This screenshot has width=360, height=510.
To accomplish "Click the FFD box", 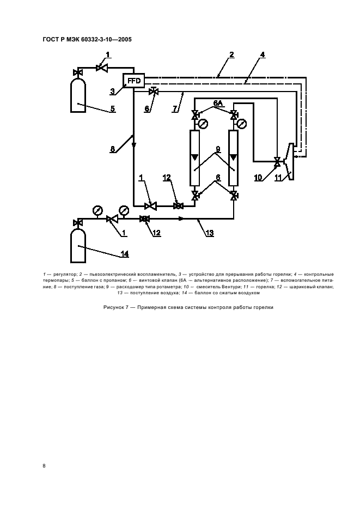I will click(x=133, y=81).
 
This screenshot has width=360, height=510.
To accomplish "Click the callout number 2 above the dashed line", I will click(x=231, y=54).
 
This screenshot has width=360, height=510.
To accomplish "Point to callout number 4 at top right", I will click(x=263, y=54).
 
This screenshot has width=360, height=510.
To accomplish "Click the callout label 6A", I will click(x=218, y=103).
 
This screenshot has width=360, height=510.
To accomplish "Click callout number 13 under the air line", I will click(x=210, y=233).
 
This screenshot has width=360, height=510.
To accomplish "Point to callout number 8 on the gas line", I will click(x=113, y=148).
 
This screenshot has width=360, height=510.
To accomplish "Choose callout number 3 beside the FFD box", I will click(x=112, y=91).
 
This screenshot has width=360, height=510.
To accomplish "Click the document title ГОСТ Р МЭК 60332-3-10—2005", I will click(x=87, y=39).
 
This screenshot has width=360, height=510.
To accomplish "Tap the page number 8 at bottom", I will click(x=44, y=465).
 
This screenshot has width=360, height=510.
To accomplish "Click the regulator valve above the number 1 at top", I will click(x=101, y=68).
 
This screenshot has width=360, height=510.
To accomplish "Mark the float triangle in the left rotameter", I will click(x=195, y=158).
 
